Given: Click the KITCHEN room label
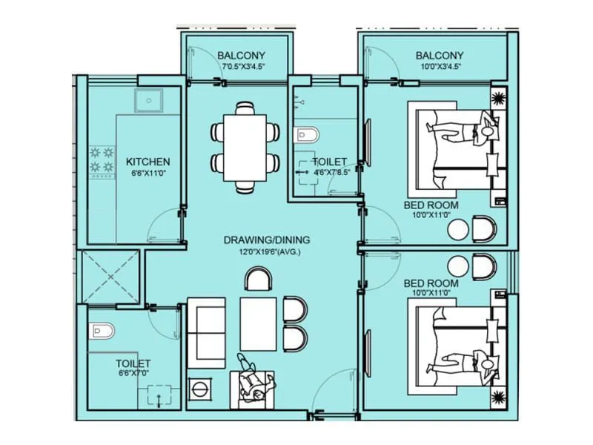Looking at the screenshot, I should click(x=148, y=162).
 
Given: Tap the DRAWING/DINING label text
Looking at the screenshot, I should click(x=267, y=240).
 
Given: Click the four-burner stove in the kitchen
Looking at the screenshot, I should click(x=101, y=161).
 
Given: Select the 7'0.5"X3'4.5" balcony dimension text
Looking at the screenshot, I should click(x=243, y=67).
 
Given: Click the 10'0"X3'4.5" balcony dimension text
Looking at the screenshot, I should click(x=440, y=67).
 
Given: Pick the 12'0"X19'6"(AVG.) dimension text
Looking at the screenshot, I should click(x=265, y=251).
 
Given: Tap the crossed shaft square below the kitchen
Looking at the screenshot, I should click(x=111, y=275).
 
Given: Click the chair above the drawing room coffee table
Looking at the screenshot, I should click(x=259, y=280).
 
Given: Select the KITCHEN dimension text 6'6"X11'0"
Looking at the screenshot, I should click(x=148, y=173).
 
